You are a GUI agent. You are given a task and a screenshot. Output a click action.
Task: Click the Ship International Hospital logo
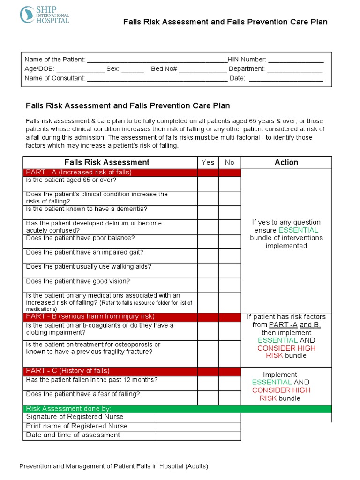(x=44, y=15)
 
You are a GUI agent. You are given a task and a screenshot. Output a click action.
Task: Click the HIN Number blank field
(x=295, y=60)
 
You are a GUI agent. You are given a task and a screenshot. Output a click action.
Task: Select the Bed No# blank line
(x=202, y=69)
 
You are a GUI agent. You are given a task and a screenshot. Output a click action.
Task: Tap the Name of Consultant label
(x=55, y=78)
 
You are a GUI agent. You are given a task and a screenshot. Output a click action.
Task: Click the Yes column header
(x=208, y=162)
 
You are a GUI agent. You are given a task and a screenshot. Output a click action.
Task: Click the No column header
(x=229, y=162)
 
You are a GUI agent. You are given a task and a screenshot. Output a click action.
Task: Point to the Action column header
(x=286, y=162)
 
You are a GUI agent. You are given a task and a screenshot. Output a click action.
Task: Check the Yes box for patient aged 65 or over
(x=208, y=183)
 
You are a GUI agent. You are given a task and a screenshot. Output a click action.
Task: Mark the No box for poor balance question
(x=229, y=241)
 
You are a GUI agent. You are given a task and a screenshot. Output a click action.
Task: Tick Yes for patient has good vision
(x=208, y=285)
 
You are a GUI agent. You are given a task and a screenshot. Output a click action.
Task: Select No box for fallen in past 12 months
(x=229, y=383)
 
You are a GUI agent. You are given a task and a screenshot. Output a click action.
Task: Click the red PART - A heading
(x=79, y=172)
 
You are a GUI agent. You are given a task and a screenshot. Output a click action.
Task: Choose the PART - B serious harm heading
(x=90, y=316)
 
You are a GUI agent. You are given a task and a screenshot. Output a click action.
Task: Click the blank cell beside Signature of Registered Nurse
(x=198, y=417)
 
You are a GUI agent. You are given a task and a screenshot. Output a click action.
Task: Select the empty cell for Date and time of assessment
(x=198, y=435)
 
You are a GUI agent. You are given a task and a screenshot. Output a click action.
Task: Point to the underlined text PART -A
(x=282, y=325)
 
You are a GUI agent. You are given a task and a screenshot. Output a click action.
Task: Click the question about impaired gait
(x=85, y=252)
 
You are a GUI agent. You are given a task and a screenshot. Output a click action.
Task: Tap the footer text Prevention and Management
(x=113, y=466)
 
